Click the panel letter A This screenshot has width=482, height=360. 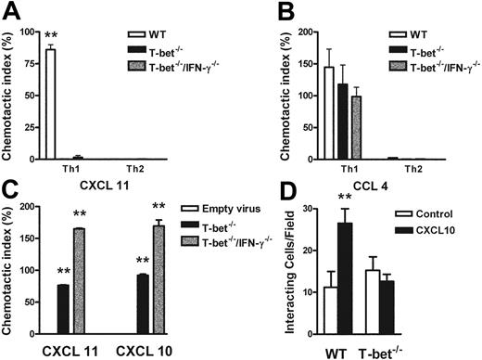(12, 10)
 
